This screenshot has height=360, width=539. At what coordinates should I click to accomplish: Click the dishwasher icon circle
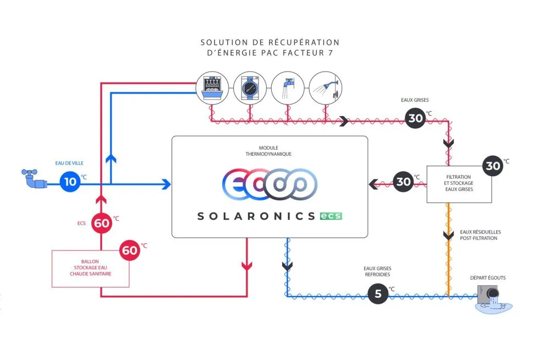coord(212,88)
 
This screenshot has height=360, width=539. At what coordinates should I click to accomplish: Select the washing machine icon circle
coord(250,88)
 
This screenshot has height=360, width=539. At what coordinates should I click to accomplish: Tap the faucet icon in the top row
coord(288,88)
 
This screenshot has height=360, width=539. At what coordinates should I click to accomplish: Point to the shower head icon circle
coord(326,88)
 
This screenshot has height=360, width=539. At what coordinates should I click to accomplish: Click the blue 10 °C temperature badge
coord(70,182)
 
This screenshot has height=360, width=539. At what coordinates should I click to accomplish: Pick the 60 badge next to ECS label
coord(102,223)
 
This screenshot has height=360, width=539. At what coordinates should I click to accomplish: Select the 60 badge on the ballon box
coord(130,250)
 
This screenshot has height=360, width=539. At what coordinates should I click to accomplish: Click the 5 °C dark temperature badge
coord(378,293)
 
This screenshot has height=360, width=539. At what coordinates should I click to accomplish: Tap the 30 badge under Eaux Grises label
coord(415,118)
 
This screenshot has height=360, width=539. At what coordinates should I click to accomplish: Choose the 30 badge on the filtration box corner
coord(493,166)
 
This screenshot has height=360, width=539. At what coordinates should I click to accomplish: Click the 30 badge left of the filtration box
coord(403,182)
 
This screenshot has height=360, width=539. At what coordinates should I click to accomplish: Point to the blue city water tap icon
coord(34,178)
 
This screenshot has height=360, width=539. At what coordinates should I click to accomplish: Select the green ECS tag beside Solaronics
coord(331,216)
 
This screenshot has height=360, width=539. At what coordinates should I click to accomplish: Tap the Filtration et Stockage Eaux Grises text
coord(459,183)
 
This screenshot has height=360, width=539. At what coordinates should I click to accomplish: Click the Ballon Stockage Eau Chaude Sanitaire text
coord(90,268)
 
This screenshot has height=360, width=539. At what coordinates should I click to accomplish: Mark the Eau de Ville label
coord(69,163)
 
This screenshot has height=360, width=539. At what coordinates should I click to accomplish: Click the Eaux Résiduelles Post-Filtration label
coord(480,235)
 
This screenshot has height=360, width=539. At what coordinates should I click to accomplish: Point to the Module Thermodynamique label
coord(268,151)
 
